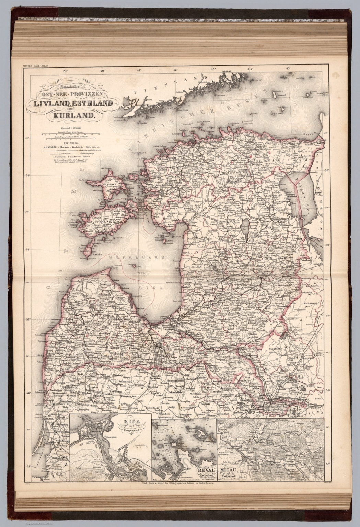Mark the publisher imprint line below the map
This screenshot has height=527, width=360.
pos(178,483)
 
